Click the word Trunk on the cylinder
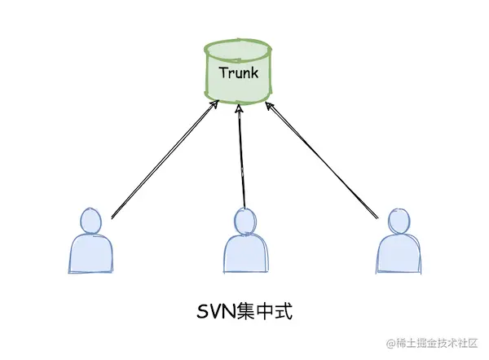coord(239,72)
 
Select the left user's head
coord(91,221)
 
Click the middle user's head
coord(244,222)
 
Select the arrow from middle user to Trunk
coord(241,159)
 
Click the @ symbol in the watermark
coord(390,342)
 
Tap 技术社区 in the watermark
coord(460,342)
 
